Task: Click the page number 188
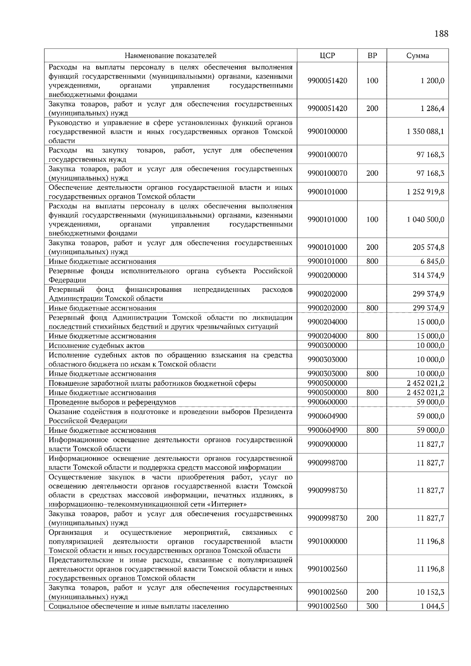[x=441, y=34]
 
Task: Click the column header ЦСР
[x=327, y=56]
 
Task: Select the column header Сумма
[x=417, y=56]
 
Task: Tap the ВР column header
[x=372, y=56]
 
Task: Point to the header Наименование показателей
[x=171, y=56]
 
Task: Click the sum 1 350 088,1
[x=425, y=131]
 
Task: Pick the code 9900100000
[x=327, y=131]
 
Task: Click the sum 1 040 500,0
[x=425, y=219]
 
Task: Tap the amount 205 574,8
[x=429, y=247]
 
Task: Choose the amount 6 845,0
[x=432, y=261]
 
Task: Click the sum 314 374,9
[x=429, y=275]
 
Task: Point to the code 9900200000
[x=327, y=275]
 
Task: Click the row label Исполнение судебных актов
[x=97, y=346]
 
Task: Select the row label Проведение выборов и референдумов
[x=112, y=402]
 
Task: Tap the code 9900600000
[x=327, y=402]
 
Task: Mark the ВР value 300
[x=372, y=606]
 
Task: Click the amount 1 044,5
[x=432, y=606]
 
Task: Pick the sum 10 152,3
[x=430, y=592]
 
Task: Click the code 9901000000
[x=327, y=541]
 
